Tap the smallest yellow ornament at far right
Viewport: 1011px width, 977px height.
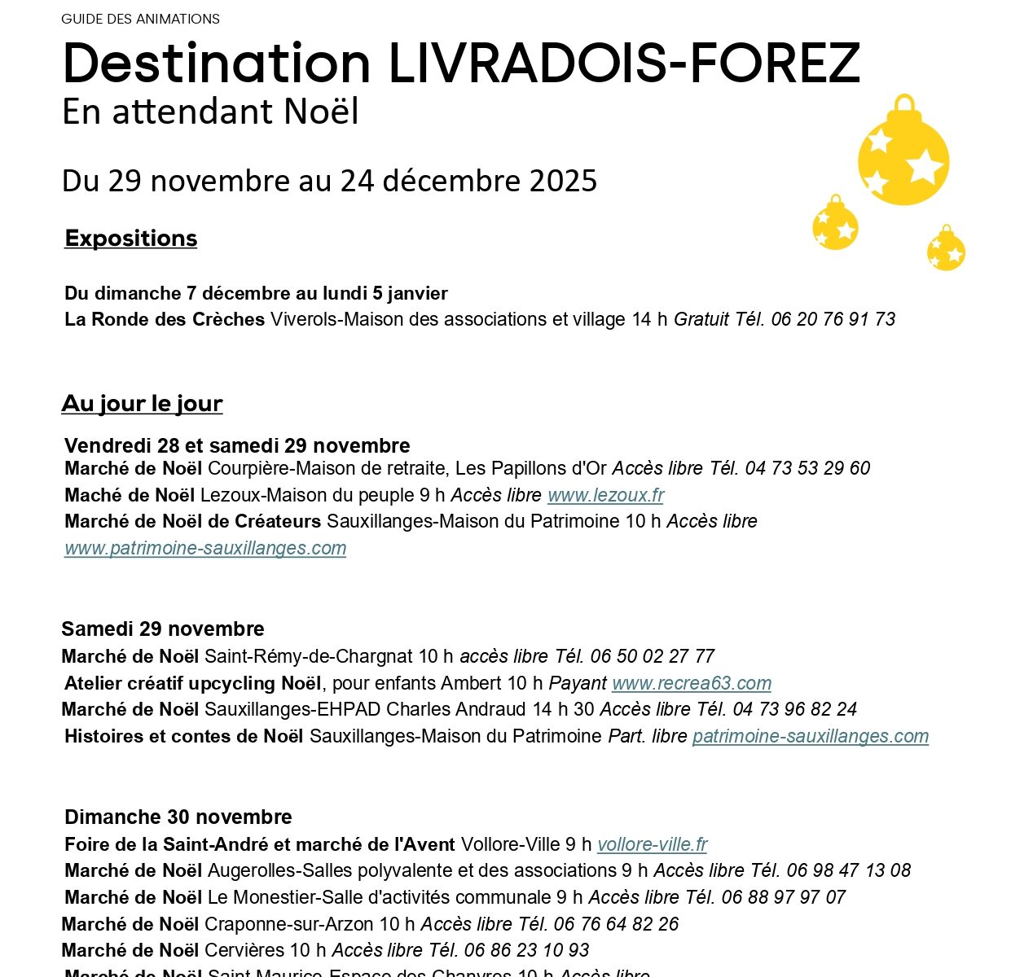946,250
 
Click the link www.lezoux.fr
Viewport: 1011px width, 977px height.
605,495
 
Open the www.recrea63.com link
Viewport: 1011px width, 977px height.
691,683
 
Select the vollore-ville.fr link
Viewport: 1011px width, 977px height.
652,844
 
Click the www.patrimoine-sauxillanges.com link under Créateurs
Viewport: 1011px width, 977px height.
205,548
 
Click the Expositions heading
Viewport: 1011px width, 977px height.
131,239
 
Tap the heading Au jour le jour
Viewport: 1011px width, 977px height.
142,404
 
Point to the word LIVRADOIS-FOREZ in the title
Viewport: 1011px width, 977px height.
624,64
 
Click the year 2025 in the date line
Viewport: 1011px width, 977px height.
563,181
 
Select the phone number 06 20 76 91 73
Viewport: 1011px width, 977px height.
833,319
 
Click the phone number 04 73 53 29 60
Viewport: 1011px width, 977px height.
807,468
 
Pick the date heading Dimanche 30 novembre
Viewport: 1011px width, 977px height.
178,817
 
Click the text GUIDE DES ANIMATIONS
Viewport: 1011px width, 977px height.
140,19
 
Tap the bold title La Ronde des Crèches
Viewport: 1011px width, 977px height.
165,319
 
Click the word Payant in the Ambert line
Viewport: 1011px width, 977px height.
578,683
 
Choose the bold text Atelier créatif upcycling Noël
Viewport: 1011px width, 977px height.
193,683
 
